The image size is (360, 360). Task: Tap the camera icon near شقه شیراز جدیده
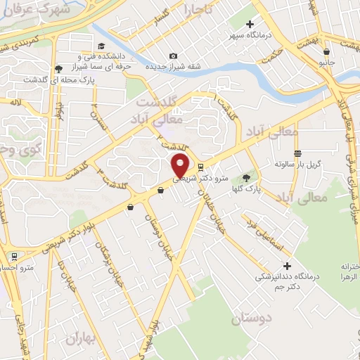(174, 56)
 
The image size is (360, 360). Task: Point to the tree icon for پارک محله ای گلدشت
(58, 69)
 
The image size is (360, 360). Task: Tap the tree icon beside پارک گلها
(246, 178)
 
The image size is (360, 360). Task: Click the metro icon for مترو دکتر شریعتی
(202, 167)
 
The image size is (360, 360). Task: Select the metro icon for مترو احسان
(13, 257)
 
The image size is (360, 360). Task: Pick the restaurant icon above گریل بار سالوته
(298, 153)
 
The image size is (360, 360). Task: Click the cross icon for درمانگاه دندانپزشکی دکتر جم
(286, 266)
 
